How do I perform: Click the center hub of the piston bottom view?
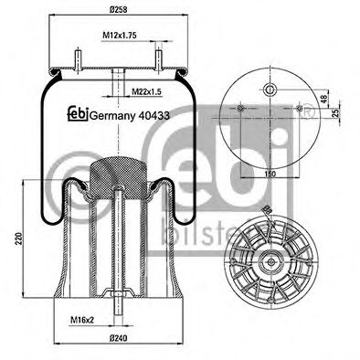pyautogui.click(x=271, y=262)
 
